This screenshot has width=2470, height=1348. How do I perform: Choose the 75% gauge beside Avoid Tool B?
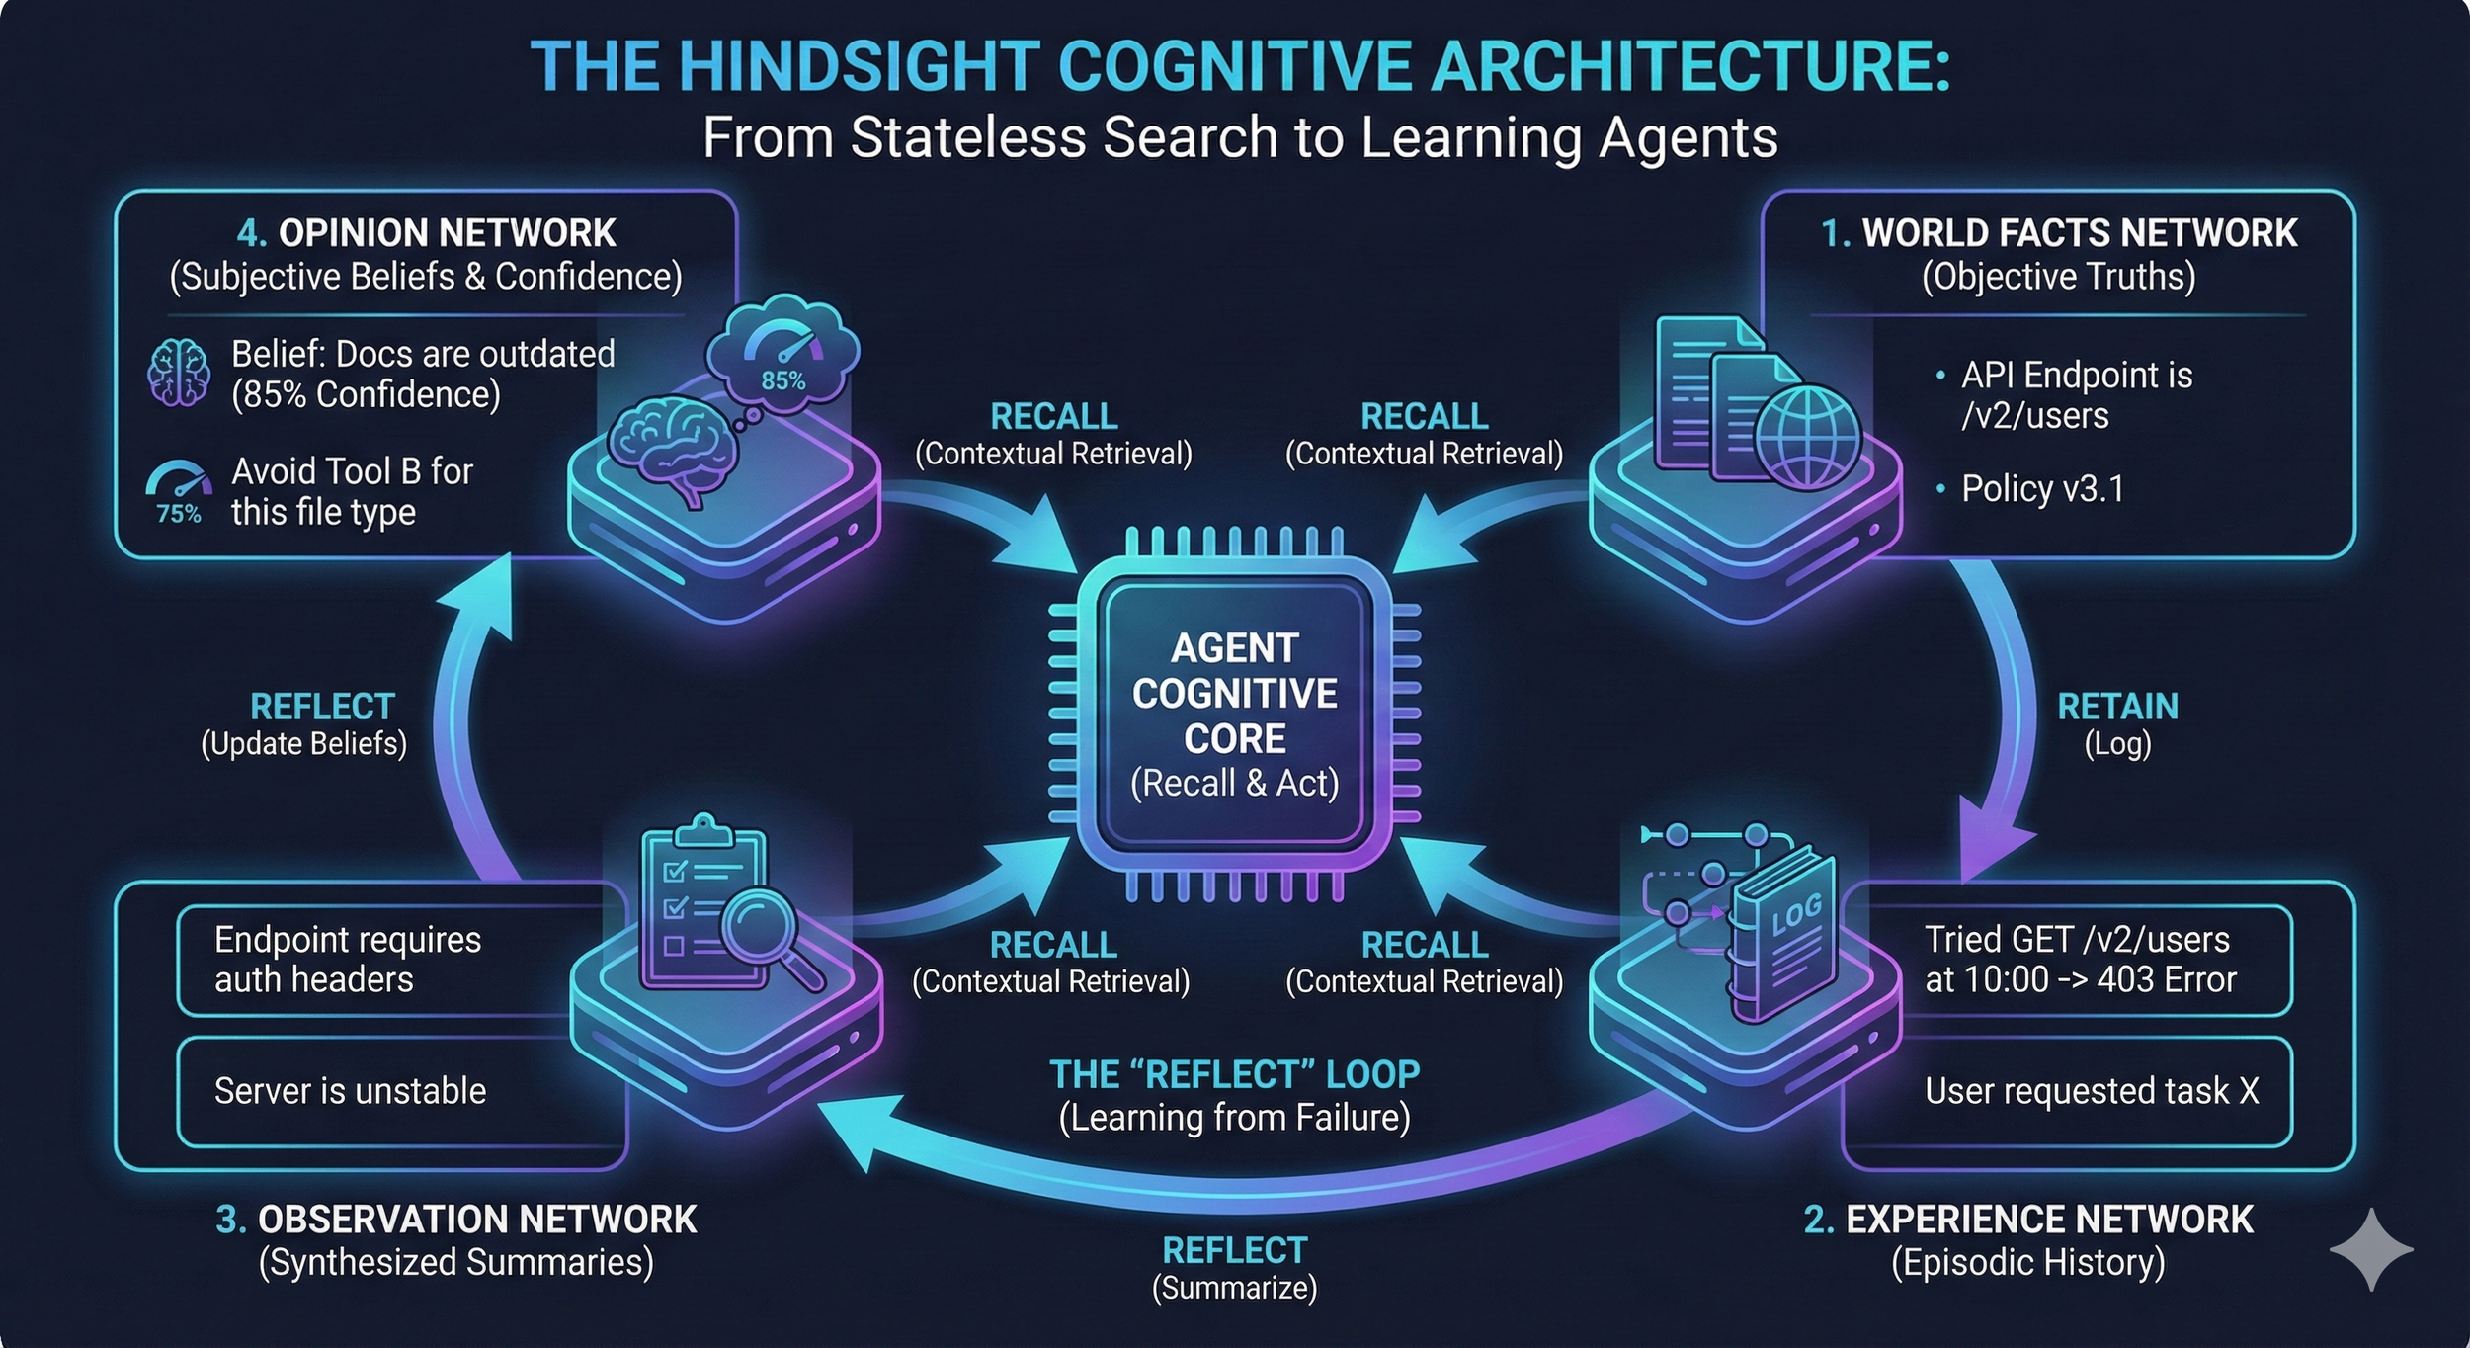(x=179, y=492)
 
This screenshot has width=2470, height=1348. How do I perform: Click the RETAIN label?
(x=2116, y=707)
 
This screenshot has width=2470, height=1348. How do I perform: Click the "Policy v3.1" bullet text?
(x=2042, y=488)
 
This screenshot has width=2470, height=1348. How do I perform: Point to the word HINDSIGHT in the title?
(x=894, y=66)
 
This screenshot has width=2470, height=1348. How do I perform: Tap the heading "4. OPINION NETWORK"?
(x=426, y=233)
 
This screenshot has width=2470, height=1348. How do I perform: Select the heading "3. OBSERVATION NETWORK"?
(x=456, y=1220)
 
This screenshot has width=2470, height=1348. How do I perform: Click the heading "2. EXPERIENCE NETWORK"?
(x=2028, y=1220)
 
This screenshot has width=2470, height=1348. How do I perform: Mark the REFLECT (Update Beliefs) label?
(x=305, y=723)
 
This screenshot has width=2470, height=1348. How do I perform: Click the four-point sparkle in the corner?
(x=2371, y=1249)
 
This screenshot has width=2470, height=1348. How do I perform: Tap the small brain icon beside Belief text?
(x=179, y=372)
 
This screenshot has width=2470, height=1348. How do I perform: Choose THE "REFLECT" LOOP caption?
(x=1234, y=1074)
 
